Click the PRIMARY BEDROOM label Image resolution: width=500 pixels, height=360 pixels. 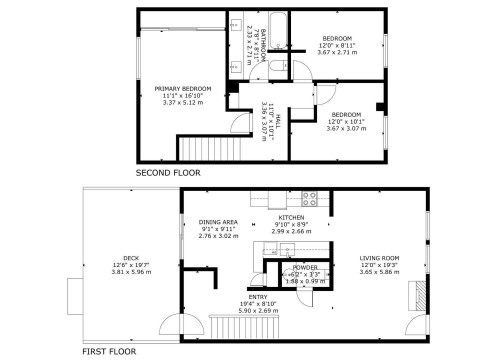(178, 89)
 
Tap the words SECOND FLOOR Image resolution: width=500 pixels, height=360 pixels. (168, 173)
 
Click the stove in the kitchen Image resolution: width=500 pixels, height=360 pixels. (310, 197)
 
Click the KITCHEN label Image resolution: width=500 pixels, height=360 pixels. (291, 217)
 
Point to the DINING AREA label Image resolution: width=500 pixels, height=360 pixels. (217, 222)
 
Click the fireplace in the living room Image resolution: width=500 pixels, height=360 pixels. (414, 297)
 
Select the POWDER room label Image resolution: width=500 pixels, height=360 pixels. (305, 268)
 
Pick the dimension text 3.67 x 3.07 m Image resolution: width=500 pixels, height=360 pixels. (346, 130)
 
